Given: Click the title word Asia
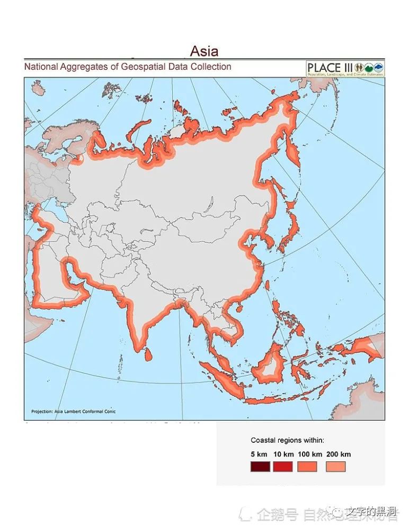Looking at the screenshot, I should tap(204, 51).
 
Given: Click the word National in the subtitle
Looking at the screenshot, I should tap(43, 67).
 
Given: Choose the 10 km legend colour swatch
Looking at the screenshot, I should tap(283, 467).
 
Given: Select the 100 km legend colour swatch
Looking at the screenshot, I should tap(307, 467).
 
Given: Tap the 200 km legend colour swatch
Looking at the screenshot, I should tap(335, 467).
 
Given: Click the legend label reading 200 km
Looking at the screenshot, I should tap(338, 454).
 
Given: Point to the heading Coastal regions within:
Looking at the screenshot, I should tap(287, 440).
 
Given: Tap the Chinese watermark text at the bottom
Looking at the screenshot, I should tap(323, 513).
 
